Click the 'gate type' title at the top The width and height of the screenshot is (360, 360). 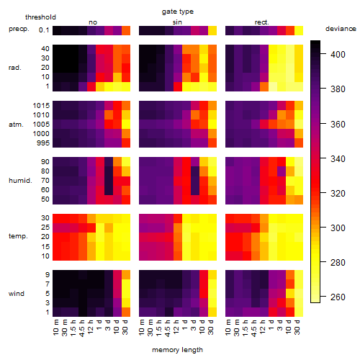[x=178, y=12]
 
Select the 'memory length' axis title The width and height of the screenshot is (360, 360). [x=177, y=350]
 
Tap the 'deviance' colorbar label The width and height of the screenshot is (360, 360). [x=341, y=29]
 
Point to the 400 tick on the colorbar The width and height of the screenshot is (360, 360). [x=338, y=55]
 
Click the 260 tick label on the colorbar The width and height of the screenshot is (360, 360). [x=338, y=297]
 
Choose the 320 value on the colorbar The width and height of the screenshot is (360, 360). [x=338, y=193]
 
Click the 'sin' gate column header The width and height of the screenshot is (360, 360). [x=177, y=22]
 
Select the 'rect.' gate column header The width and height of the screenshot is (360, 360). [x=261, y=22]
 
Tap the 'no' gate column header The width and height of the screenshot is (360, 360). [x=93, y=22]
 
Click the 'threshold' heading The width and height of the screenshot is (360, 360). [x=40, y=17]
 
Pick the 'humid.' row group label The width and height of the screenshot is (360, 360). [x=20, y=181]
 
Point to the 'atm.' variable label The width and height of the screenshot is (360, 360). [x=16, y=125]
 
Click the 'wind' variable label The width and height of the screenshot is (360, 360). [x=17, y=294]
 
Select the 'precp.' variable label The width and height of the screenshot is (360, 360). [x=19, y=29]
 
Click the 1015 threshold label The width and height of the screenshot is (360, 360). [x=41, y=106]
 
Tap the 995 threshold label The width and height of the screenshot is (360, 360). [x=43, y=143]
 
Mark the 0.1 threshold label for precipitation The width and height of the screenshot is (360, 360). [x=44, y=30]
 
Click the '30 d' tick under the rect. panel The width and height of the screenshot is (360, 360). [x=297, y=327]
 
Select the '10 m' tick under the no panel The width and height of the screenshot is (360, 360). [x=55, y=328]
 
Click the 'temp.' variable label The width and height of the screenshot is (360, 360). [x=18, y=236]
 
